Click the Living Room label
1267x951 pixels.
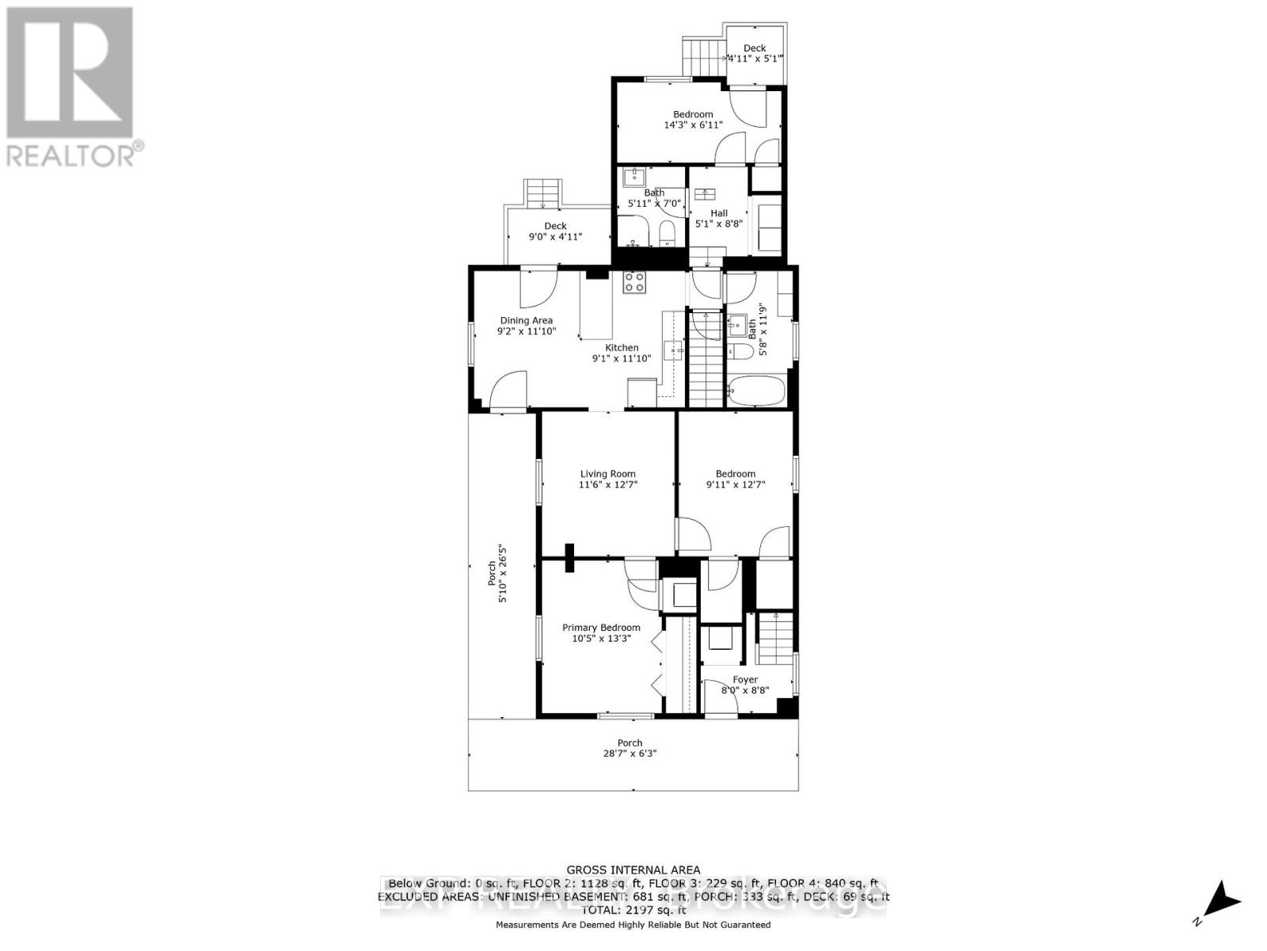click(x=607, y=474)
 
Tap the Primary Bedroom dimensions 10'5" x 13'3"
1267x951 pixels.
click(x=602, y=638)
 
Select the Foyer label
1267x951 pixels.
click(x=744, y=679)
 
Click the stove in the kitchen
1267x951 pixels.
click(x=634, y=282)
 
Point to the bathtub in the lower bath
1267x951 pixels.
click(x=756, y=391)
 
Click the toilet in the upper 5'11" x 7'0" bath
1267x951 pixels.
click(x=667, y=232)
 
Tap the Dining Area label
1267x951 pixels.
click(x=526, y=320)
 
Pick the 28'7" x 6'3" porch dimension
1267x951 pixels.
click(x=630, y=754)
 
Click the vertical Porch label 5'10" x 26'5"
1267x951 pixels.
click(x=497, y=573)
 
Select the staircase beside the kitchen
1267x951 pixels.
click(x=705, y=361)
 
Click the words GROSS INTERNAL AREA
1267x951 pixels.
click(x=633, y=870)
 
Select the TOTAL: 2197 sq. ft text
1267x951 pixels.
click(x=633, y=911)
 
